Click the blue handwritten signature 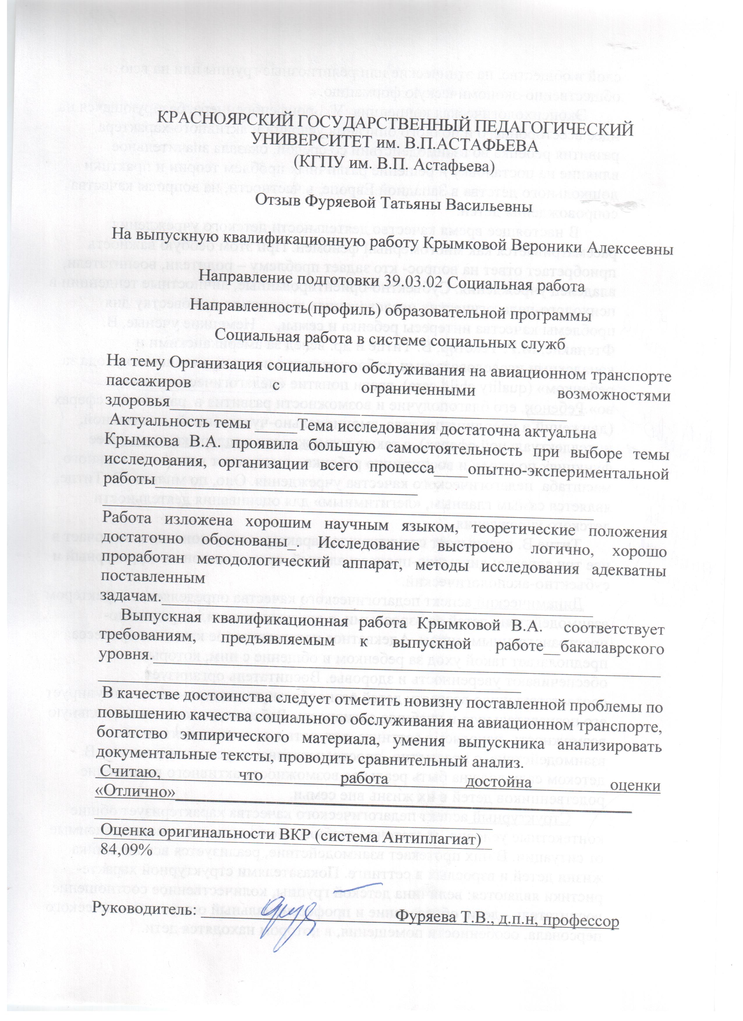pos(288,914)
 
